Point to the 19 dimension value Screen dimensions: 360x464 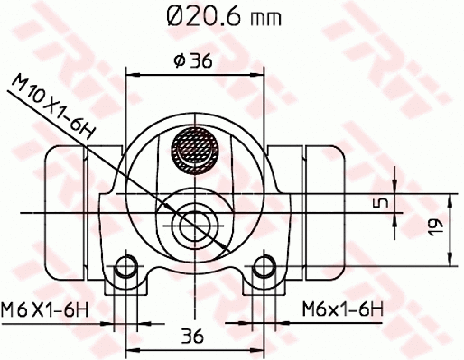click(x=432, y=229)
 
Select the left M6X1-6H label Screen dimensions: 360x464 click(x=46, y=309)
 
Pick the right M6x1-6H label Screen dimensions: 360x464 click(x=344, y=309)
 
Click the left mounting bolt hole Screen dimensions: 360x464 click(x=127, y=268)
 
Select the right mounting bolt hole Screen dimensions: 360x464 click(x=263, y=268)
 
